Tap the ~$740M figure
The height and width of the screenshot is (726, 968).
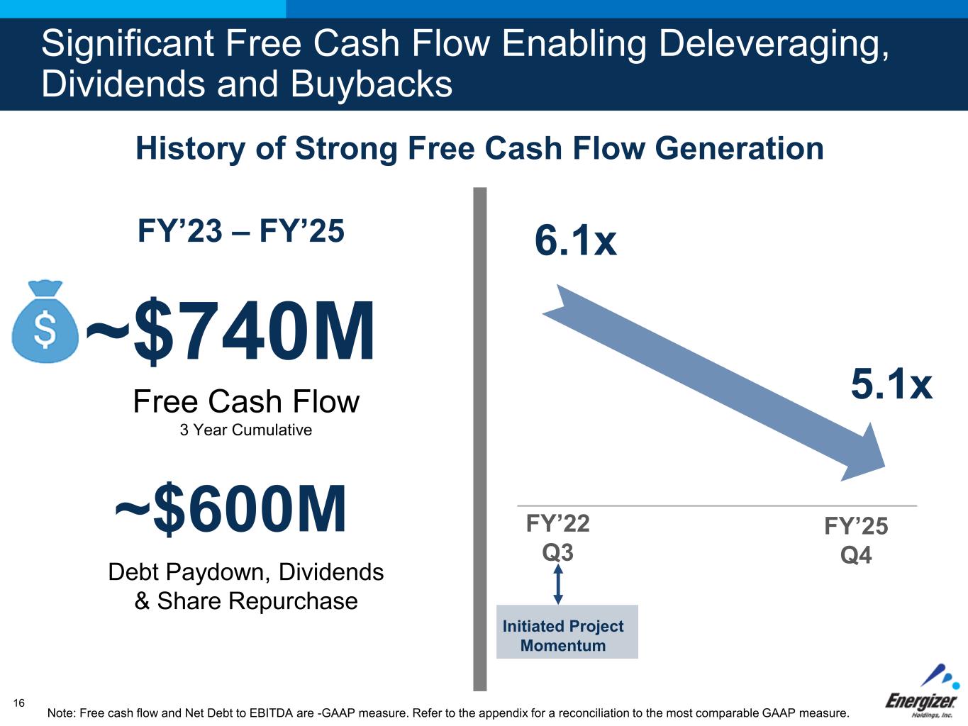point(230,330)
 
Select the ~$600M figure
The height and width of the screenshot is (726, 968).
point(230,508)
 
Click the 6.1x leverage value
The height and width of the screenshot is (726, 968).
point(576,240)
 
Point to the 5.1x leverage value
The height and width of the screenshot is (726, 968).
point(891,384)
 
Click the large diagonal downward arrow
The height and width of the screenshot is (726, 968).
point(713,383)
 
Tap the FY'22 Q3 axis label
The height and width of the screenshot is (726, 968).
point(558,538)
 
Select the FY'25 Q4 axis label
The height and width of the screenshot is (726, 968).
point(856,540)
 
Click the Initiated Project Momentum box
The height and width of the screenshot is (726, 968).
point(567,632)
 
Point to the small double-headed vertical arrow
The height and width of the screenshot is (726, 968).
point(558,584)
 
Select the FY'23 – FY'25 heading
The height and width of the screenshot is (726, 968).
point(241,230)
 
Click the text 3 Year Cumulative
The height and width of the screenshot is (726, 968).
point(245,430)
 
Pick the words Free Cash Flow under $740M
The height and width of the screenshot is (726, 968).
point(246,401)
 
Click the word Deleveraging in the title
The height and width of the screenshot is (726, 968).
point(774,46)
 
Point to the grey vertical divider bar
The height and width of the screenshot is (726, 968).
point(480,439)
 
